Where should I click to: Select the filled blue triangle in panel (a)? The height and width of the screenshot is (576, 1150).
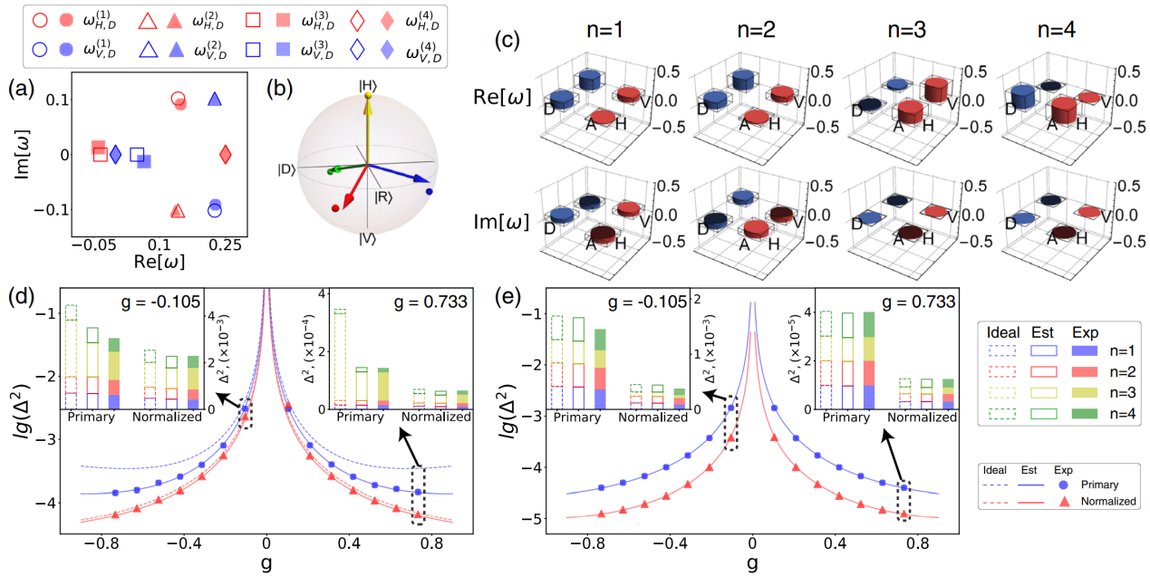215,100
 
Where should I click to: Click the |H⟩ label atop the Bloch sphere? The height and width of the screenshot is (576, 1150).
368,87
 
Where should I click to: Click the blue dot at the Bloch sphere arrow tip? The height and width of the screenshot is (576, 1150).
428,191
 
